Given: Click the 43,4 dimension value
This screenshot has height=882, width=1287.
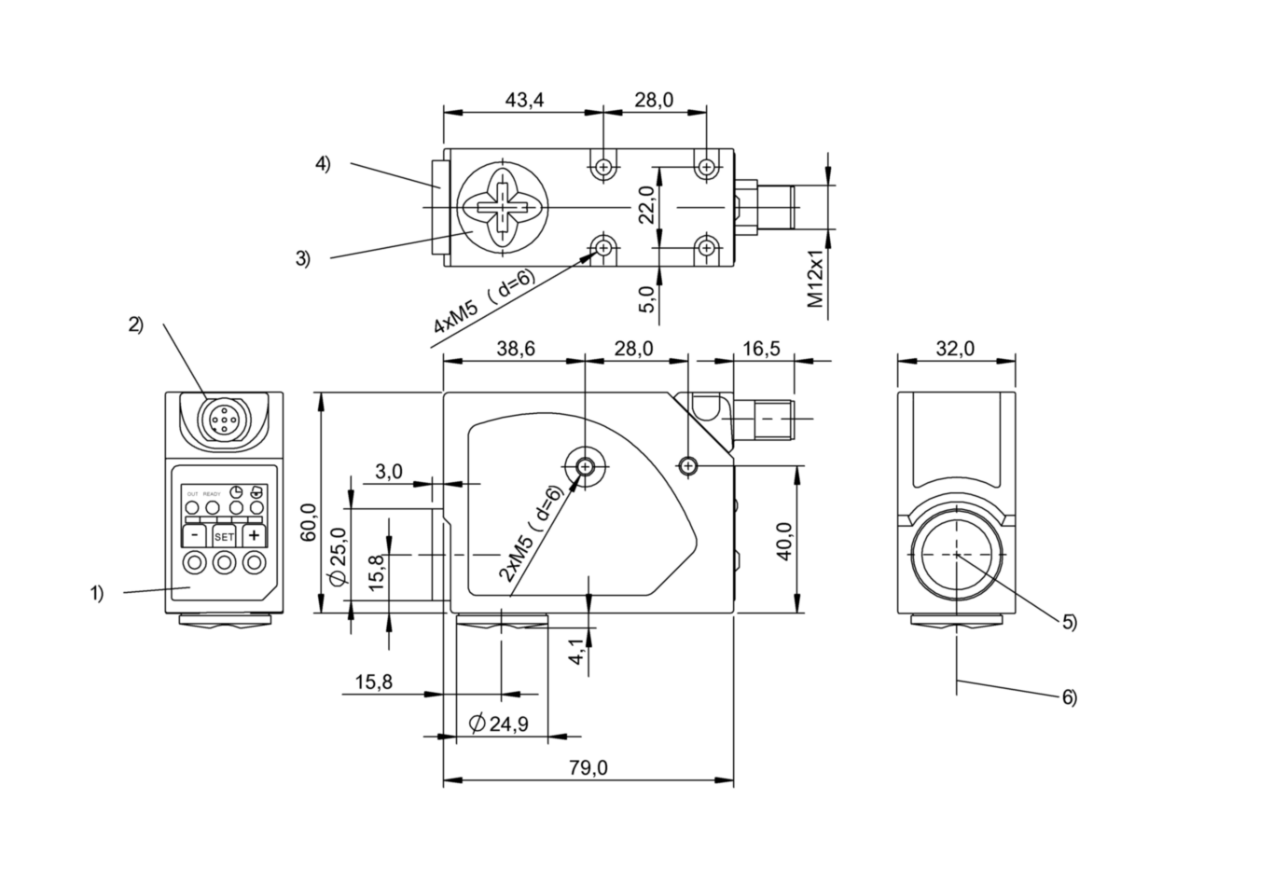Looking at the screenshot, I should (x=525, y=100).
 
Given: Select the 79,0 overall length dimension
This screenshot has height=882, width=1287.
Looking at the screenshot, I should (x=588, y=767).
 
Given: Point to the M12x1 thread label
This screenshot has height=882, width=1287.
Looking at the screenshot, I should (x=817, y=278).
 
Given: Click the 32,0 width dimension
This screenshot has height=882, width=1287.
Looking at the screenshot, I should (x=955, y=349).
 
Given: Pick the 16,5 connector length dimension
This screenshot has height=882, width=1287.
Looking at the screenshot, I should (x=762, y=349).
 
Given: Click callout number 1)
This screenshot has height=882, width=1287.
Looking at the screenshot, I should (x=97, y=593).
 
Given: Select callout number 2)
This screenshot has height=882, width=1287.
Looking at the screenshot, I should (x=136, y=324).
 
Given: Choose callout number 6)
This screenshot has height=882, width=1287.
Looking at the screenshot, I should (x=1069, y=696).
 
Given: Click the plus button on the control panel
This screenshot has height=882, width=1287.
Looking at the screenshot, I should (x=254, y=536).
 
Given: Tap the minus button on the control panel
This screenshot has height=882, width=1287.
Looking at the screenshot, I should (x=194, y=536).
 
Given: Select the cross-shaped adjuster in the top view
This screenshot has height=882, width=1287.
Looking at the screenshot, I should (x=502, y=207).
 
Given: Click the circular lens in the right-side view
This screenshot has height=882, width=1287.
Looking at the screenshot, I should (x=957, y=554).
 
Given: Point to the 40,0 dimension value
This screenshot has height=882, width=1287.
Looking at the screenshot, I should (x=785, y=542).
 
